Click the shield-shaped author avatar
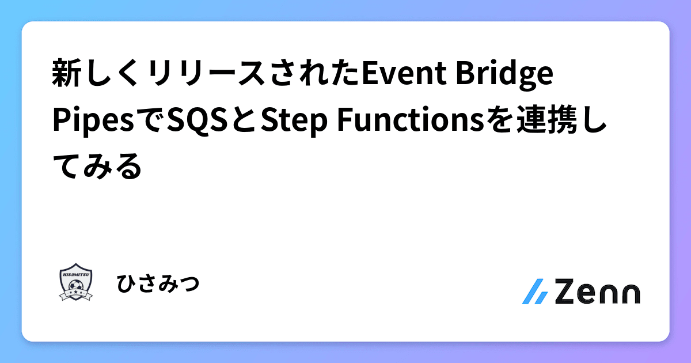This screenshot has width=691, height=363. (x=76, y=282)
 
